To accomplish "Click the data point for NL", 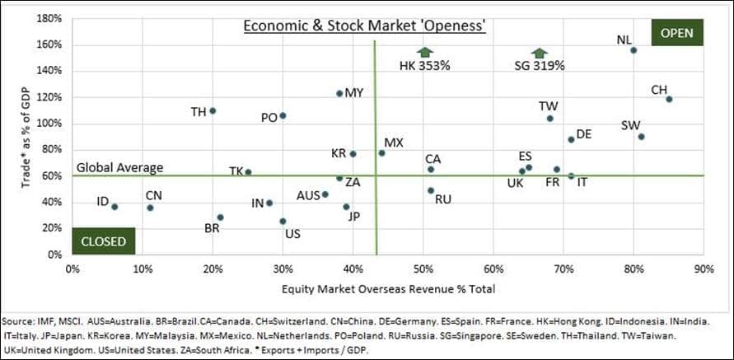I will point(633,50).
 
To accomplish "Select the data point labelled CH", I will point(669,100).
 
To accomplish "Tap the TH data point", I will point(213,110).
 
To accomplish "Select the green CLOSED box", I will point(103,241).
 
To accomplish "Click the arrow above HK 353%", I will point(423,53).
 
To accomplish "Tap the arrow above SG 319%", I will point(540,53).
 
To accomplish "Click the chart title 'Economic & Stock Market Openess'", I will point(363,27).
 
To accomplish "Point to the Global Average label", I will point(119,167).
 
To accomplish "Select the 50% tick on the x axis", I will point(423,269).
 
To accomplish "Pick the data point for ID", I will point(115,207).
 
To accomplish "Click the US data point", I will point(283,221).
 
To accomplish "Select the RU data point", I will point(430,190).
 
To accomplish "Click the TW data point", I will point(549,119).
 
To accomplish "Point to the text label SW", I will point(631,125).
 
